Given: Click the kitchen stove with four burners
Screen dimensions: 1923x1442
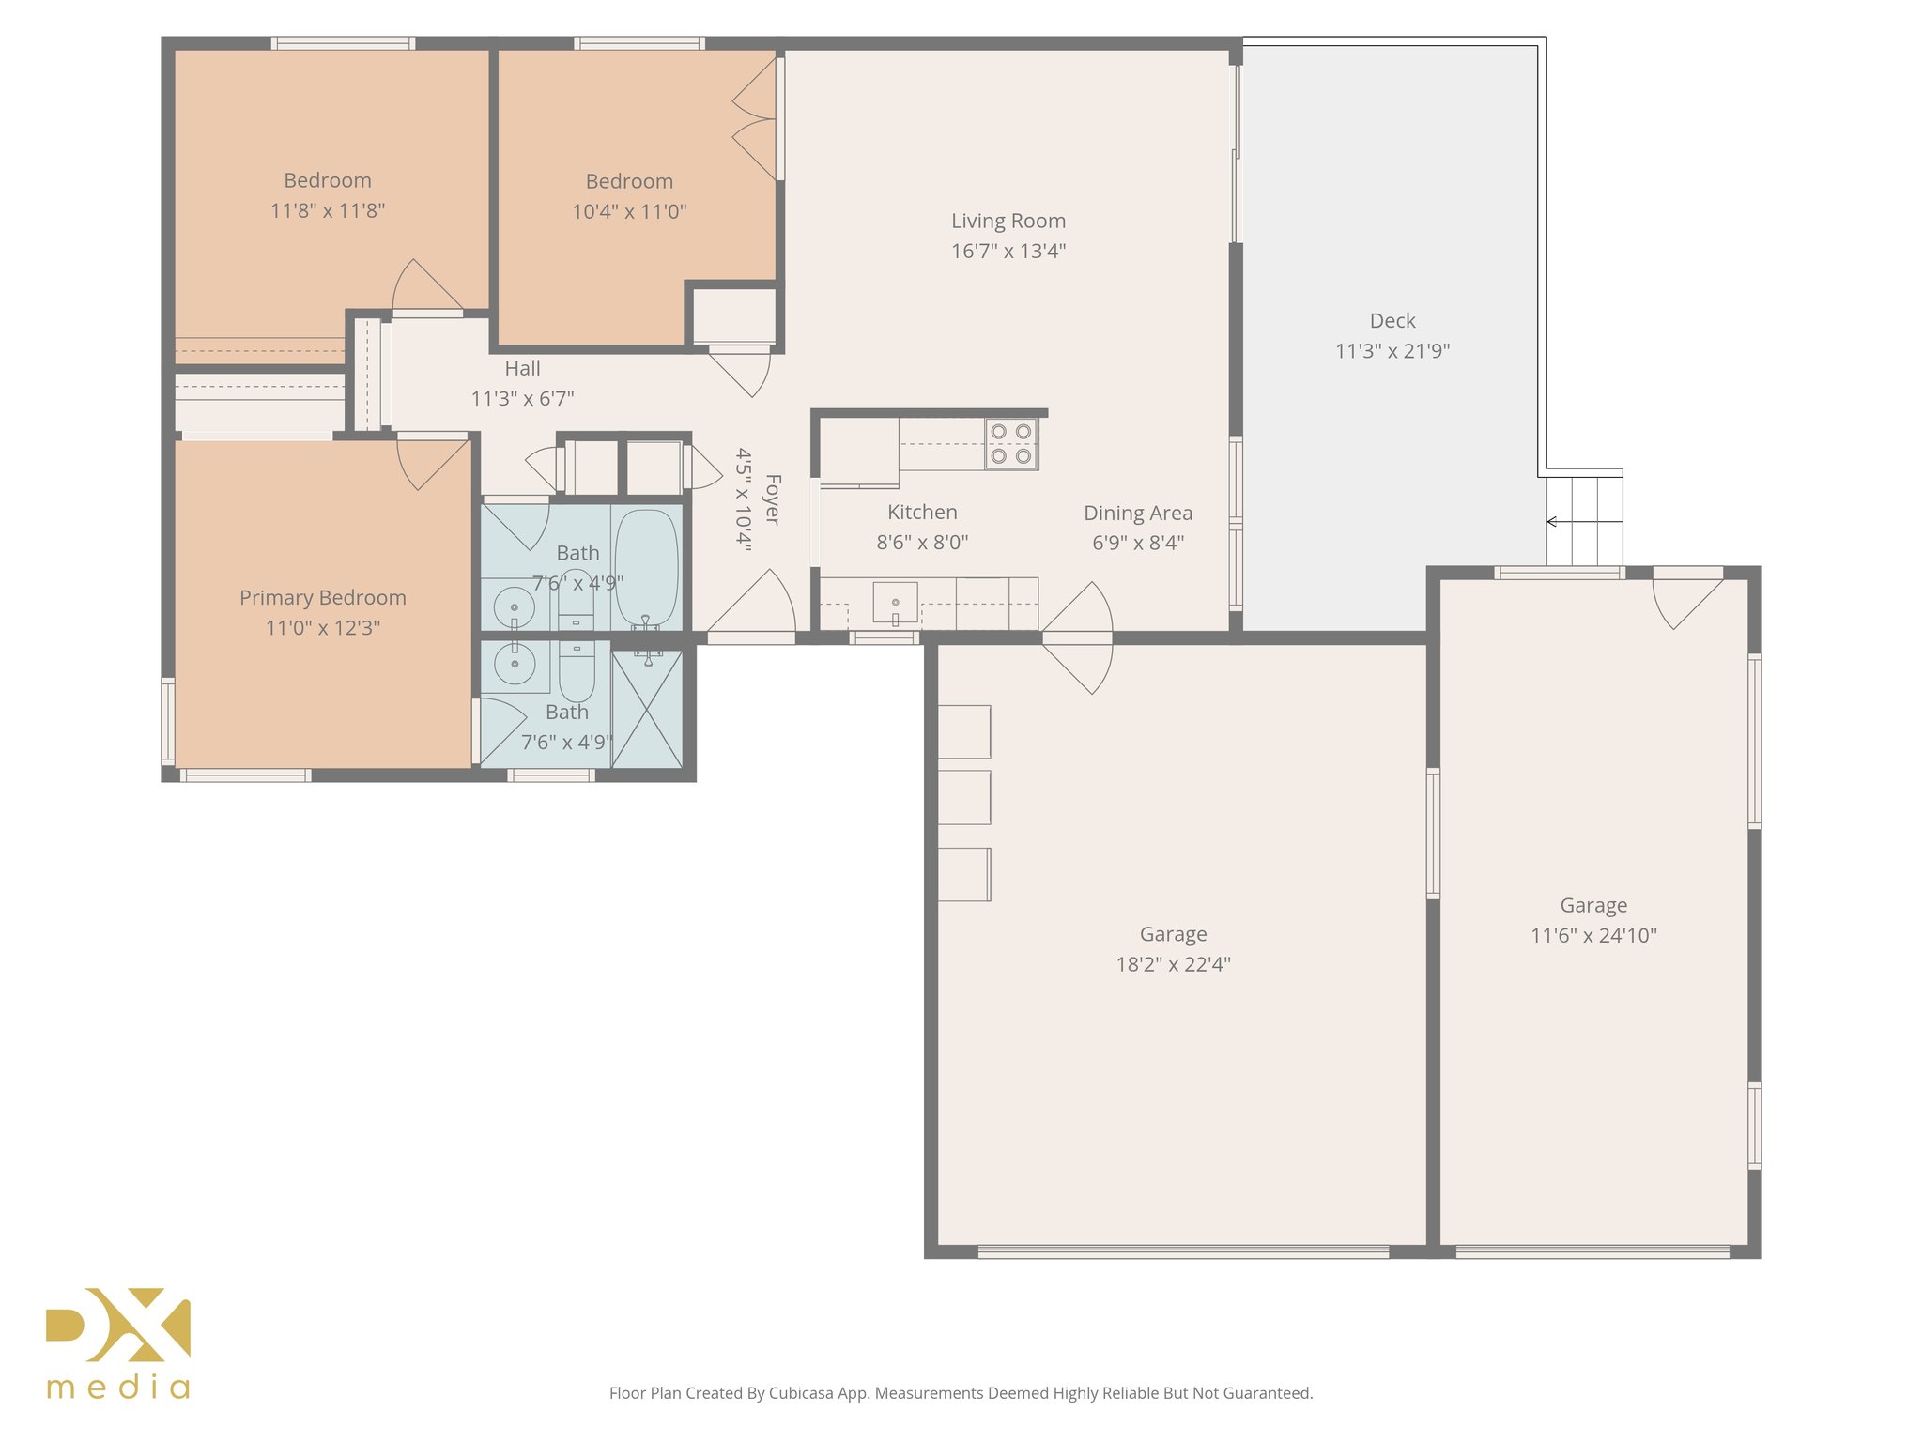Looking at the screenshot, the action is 1011,444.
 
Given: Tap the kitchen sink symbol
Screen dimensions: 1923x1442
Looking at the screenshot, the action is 895,602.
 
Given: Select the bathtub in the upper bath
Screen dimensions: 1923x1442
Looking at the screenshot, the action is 647,569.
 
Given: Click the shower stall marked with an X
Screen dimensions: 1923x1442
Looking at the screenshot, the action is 647,710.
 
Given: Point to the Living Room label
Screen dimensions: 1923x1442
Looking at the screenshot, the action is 1008,221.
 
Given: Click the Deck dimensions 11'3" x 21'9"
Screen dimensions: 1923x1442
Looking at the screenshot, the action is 1392,351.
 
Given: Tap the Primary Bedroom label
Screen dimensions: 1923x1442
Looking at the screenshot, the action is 323,598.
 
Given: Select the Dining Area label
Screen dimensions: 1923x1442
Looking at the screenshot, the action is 1138,514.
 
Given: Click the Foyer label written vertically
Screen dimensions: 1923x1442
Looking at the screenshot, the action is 772,499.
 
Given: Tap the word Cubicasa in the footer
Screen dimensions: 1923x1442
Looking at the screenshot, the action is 801,1393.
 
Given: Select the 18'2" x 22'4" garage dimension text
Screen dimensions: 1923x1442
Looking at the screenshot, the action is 1173,964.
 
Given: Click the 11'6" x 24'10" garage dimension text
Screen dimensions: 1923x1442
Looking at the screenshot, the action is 1593,935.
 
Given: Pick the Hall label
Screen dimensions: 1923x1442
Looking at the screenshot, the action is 522,368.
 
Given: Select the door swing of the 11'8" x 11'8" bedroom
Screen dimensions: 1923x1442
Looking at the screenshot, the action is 427,287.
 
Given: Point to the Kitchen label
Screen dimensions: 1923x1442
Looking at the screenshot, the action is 922,513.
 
